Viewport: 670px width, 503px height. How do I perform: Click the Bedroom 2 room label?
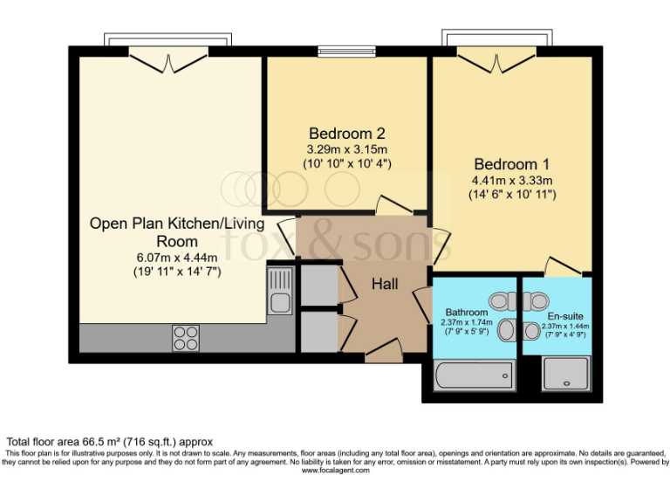347,134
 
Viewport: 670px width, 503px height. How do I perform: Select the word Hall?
385,284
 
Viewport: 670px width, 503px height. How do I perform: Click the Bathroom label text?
466,312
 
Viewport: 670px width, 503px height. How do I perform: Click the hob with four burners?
185,337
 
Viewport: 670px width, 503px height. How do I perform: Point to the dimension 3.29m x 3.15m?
346,149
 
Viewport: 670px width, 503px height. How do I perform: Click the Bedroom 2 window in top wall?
346,50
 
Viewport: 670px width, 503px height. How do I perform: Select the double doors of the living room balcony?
167,62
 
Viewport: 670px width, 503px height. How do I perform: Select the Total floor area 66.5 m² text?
110,442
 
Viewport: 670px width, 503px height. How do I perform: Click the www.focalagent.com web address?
336,471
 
